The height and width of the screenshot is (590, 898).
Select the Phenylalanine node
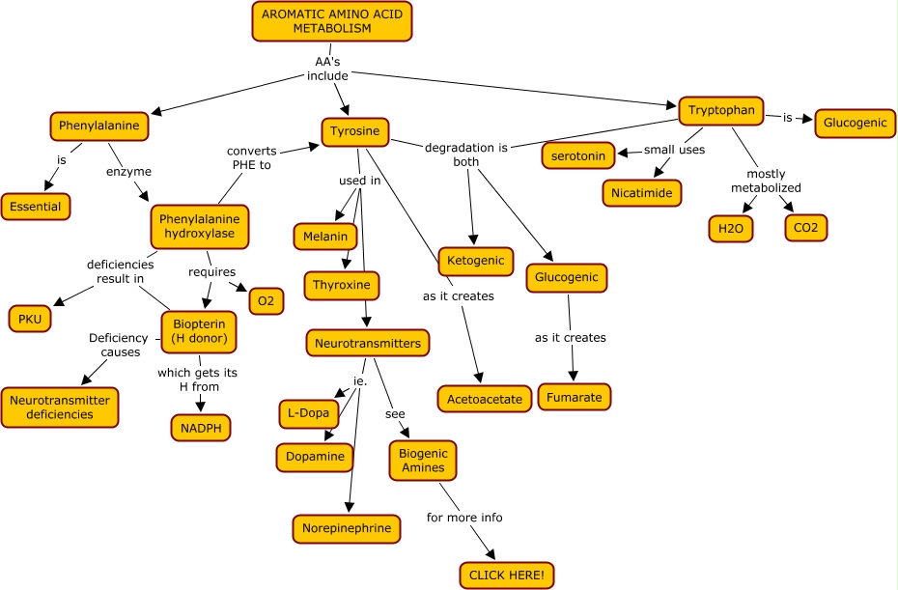(x=98, y=126)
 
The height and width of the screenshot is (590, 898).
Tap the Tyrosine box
(x=355, y=131)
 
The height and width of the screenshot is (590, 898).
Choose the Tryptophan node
(x=721, y=110)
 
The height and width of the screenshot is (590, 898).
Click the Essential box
(x=35, y=206)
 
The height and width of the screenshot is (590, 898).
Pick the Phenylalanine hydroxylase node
(x=200, y=226)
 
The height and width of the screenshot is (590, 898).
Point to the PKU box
(x=30, y=319)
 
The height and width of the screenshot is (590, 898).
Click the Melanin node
(x=325, y=237)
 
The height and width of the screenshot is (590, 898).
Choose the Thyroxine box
(x=342, y=286)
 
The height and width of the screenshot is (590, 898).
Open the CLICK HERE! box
(x=507, y=576)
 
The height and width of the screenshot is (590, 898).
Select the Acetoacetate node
(x=485, y=398)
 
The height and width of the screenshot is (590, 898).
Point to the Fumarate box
(x=575, y=396)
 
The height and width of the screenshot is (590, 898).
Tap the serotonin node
(x=579, y=155)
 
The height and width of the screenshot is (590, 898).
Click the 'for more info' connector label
(x=464, y=518)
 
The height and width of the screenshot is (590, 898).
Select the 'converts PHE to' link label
(x=252, y=157)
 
